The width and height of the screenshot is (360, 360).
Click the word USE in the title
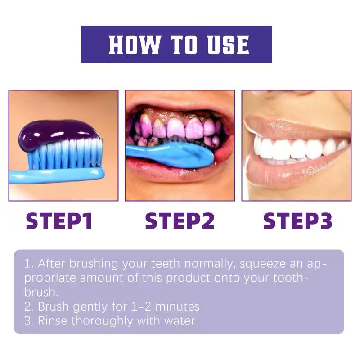228,45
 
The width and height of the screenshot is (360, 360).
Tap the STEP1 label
59,221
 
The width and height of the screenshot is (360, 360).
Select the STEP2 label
180,221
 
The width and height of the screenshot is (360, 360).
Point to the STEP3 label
298,221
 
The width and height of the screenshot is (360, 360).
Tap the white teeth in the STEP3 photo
288,148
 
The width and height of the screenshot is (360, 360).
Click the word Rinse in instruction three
54,321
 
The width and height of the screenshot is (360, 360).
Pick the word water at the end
180,321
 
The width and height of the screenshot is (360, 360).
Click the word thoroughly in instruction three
101,321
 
